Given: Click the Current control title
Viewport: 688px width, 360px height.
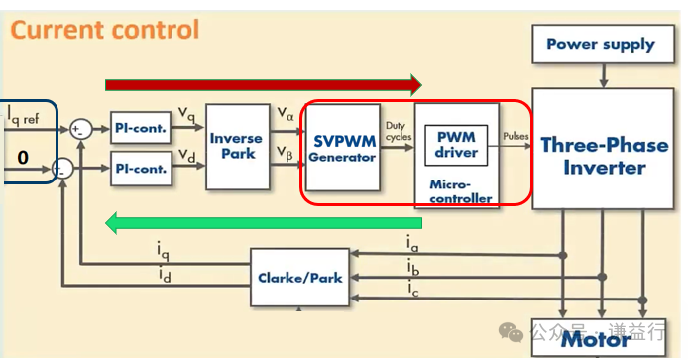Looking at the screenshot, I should [x=105, y=30].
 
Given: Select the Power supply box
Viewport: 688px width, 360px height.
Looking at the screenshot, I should [x=601, y=44].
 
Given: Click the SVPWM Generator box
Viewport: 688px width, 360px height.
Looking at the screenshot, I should [x=342, y=147].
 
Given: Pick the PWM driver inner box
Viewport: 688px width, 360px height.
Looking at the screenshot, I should [x=457, y=145].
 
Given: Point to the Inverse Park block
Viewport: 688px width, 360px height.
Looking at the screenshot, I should [x=236, y=146].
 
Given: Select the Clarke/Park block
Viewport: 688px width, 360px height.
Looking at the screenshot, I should [x=299, y=277].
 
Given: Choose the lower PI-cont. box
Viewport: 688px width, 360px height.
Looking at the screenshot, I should [x=139, y=169].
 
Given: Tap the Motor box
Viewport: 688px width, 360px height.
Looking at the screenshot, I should [x=596, y=340].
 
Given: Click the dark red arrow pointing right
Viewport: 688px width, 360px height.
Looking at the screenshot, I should [x=264, y=84].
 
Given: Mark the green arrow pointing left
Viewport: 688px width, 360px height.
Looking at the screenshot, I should [x=263, y=223].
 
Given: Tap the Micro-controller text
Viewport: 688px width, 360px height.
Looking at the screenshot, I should [x=460, y=191].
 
